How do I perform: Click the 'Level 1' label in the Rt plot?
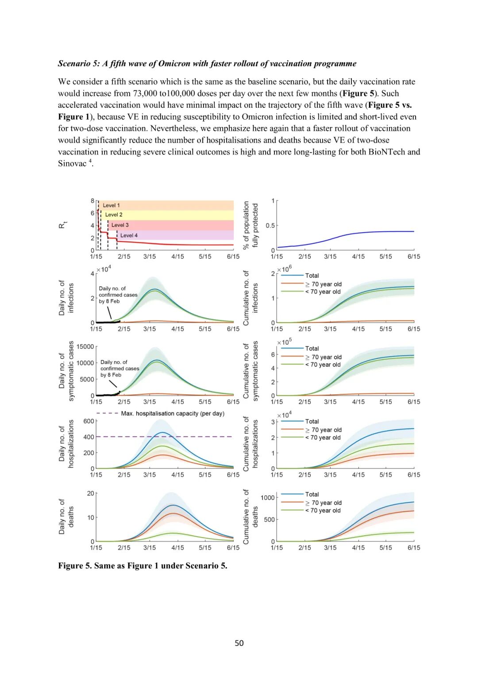(x=111, y=206)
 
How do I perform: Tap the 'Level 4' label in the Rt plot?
(x=129, y=235)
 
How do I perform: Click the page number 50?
(x=239, y=643)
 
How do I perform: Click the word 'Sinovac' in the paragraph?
(x=72, y=163)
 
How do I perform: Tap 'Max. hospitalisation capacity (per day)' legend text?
(x=173, y=413)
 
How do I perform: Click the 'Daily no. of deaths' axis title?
(x=66, y=517)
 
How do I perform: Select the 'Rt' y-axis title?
(x=62, y=226)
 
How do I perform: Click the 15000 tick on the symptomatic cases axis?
(x=85, y=346)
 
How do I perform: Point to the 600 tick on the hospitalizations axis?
(x=89, y=421)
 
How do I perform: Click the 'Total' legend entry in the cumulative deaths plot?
(x=312, y=494)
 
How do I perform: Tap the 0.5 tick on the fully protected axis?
(x=270, y=226)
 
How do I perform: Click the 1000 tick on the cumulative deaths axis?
(x=267, y=498)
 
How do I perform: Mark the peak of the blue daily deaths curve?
(x=173, y=505)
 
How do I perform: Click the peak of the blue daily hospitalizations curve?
(x=163, y=432)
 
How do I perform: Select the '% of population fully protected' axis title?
(x=251, y=225)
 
